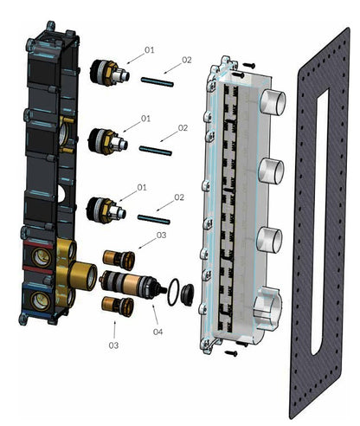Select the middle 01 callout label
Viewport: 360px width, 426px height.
145,118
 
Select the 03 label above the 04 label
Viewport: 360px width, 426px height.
161,235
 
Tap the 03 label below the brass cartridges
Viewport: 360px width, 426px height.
113,345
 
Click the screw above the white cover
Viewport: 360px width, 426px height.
247,65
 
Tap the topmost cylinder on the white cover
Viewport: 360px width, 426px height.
273,102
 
